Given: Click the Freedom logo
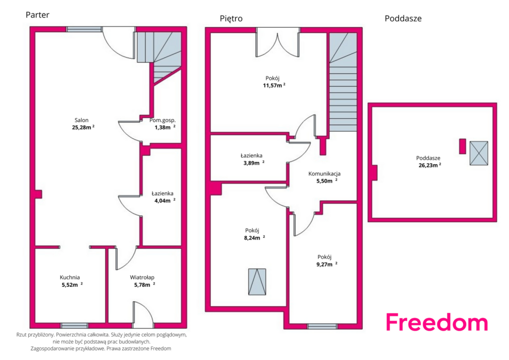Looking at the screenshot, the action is (x=437, y=322).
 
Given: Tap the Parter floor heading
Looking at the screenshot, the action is (x=37, y=15).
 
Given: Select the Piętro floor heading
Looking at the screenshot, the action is (x=231, y=18).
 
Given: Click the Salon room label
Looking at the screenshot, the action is (x=82, y=120).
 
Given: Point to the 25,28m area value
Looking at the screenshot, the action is (x=83, y=127).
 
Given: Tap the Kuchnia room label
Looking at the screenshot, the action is (x=70, y=277).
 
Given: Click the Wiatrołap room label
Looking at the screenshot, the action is (x=142, y=277).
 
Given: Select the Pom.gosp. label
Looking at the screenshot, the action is (x=163, y=120).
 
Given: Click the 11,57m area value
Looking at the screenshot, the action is (x=274, y=86).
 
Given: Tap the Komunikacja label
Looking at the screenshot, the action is (x=324, y=174).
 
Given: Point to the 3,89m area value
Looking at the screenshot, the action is (x=254, y=163).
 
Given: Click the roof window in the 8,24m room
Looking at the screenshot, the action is (x=257, y=282).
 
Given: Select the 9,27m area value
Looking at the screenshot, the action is (x=327, y=264).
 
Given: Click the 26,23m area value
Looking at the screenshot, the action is (x=430, y=165).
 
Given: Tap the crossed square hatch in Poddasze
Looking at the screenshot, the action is (x=479, y=153).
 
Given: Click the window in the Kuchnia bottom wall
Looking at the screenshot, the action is (x=75, y=325).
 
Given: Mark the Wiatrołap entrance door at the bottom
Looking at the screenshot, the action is (x=143, y=315).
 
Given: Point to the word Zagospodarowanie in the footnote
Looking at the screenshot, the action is (x=51, y=349).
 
